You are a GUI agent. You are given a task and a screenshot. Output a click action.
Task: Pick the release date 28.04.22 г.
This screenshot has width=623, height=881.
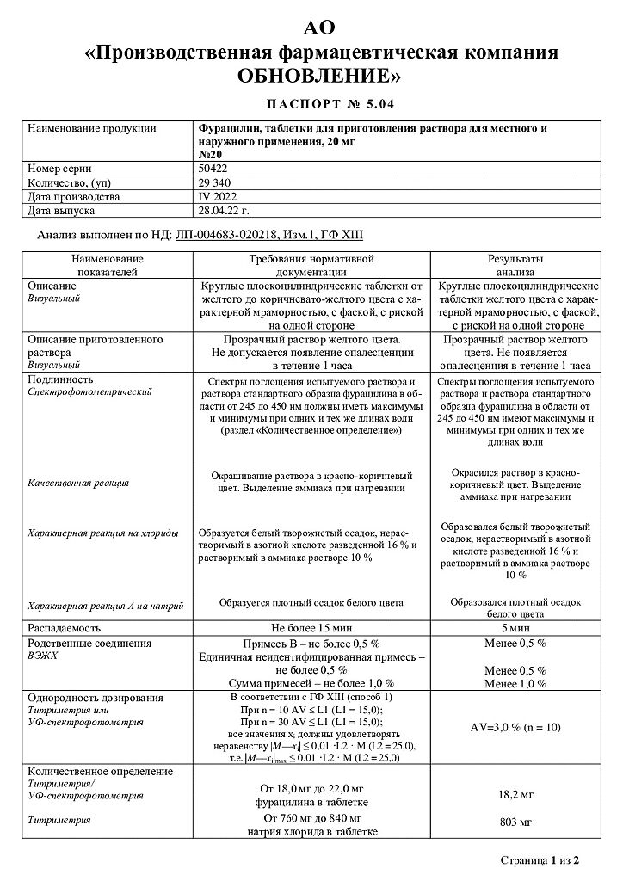225,210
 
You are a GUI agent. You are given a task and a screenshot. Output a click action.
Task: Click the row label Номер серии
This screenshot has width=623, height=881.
59,169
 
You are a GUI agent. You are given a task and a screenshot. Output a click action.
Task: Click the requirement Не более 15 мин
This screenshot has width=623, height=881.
311,628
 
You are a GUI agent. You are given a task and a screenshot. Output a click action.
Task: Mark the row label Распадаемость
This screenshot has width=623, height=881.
65,628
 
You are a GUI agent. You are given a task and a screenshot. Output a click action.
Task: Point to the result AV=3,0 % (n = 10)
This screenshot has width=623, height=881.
515,727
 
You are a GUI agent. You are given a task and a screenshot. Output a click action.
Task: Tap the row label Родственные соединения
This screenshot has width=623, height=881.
84,643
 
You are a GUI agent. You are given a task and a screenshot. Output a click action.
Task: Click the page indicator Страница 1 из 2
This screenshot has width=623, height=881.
540,859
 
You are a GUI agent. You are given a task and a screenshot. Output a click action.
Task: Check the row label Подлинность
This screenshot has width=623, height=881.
60,379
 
